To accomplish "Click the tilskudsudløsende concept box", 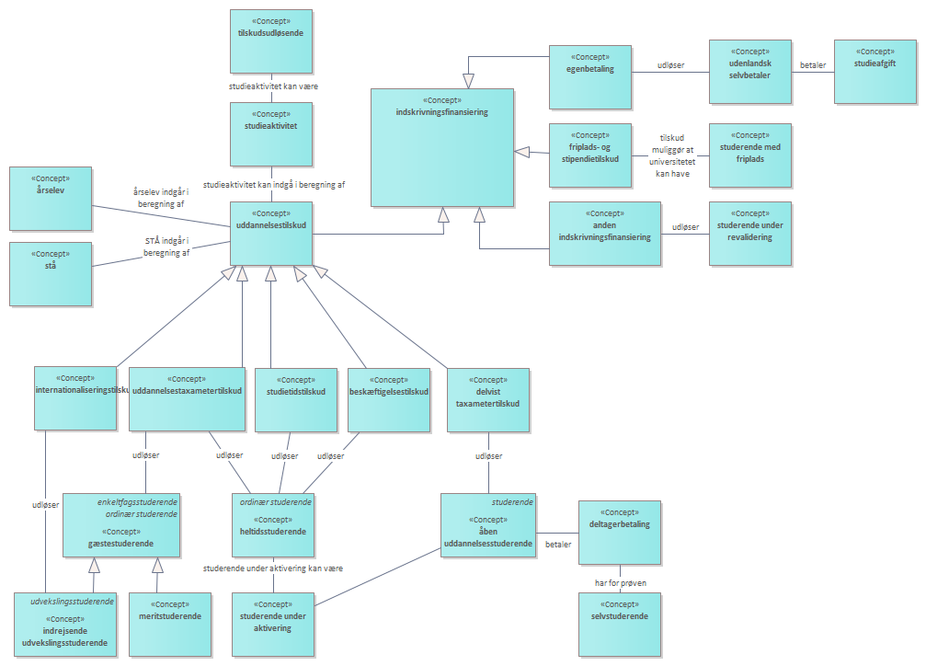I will coord(271,41).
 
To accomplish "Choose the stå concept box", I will coord(50,273).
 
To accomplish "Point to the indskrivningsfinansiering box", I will coord(441,147).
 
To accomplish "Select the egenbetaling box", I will coord(590,76).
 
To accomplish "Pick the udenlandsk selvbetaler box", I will coord(749,72).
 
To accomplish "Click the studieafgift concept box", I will coord(875,72).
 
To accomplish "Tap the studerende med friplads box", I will coord(749,155).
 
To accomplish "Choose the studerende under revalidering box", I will coord(749,233).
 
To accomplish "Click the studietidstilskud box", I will coord(296,400).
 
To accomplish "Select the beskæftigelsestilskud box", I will coord(389,400).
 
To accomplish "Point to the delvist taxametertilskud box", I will coord(487,400).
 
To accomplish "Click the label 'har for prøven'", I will coord(620,582).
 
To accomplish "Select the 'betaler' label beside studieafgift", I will coord(813,65).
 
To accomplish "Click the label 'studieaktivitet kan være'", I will coord(273,86).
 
